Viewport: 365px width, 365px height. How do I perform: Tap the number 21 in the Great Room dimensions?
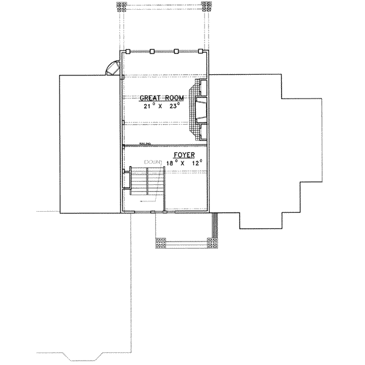click(147, 106)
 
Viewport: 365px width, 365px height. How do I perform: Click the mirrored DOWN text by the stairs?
click(151, 161)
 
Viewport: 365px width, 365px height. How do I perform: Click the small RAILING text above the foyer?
click(145, 144)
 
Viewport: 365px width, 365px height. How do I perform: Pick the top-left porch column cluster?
click(122, 7)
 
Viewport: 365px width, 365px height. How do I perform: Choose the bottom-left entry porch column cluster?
click(161, 243)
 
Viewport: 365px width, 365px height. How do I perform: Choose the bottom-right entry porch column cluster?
click(212, 243)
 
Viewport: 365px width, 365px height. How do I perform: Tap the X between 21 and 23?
click(162, 106)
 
